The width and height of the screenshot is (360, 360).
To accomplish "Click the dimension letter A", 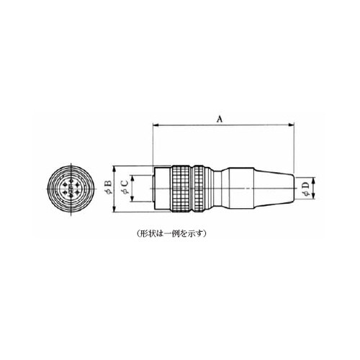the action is (220, 119).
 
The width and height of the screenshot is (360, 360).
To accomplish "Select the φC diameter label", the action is (125, 187).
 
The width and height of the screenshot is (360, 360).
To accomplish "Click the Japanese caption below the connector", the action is (171, 233).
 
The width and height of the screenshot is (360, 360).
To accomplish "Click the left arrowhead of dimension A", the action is (156, 125).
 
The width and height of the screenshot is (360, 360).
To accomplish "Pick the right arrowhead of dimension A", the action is (291, 125).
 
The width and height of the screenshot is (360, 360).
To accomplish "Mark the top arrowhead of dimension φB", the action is (114, 168).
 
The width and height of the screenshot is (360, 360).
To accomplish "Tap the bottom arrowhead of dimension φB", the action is (114, 209).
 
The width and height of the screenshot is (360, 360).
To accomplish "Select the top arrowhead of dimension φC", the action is (132, 178).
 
